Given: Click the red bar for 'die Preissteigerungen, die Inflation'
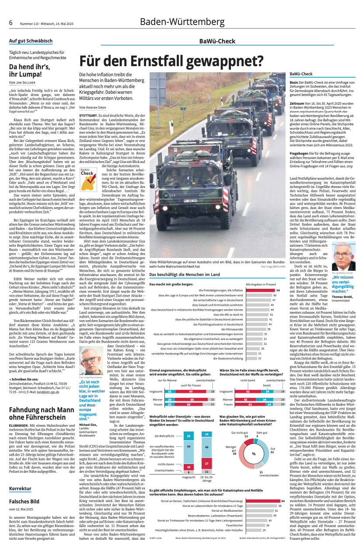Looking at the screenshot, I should [x=259, y=290].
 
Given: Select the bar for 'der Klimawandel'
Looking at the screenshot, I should [x=255, y=329].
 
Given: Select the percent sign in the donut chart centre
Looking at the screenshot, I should [x=253, y=453].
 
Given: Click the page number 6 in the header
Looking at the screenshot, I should [x=10, y=22].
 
